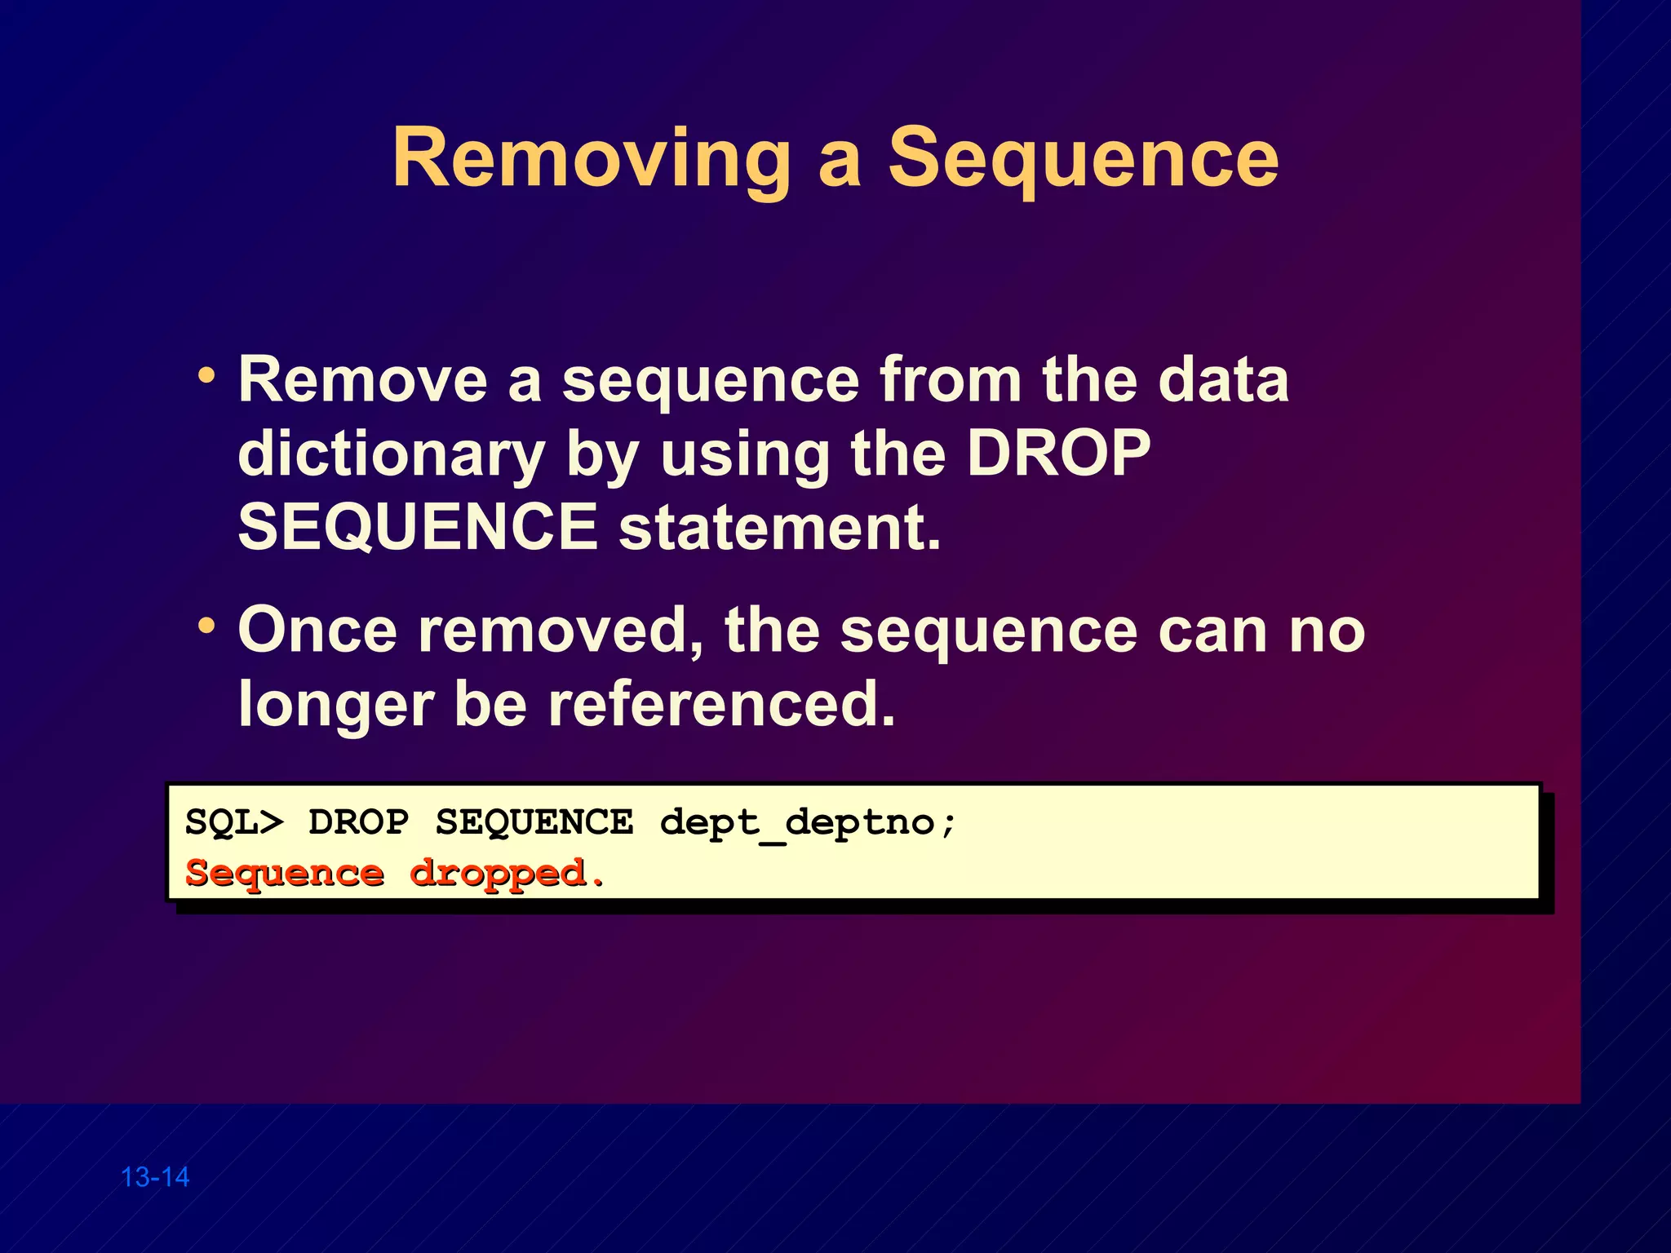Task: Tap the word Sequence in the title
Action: coord(1083,159)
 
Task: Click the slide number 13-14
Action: coord(155,1177)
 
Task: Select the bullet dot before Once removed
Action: coord(206,626)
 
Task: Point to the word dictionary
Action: coord(391,455)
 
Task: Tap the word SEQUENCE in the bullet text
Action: coord(418,527)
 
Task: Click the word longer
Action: coord(335,706)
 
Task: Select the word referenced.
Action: coord(721,704)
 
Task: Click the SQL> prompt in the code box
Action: coord(235,822)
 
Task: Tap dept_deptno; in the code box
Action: coord(808,822)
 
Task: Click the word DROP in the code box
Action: coord(359,822)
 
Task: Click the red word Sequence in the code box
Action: coord(285,874)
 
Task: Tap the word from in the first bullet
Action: coord(951,380)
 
